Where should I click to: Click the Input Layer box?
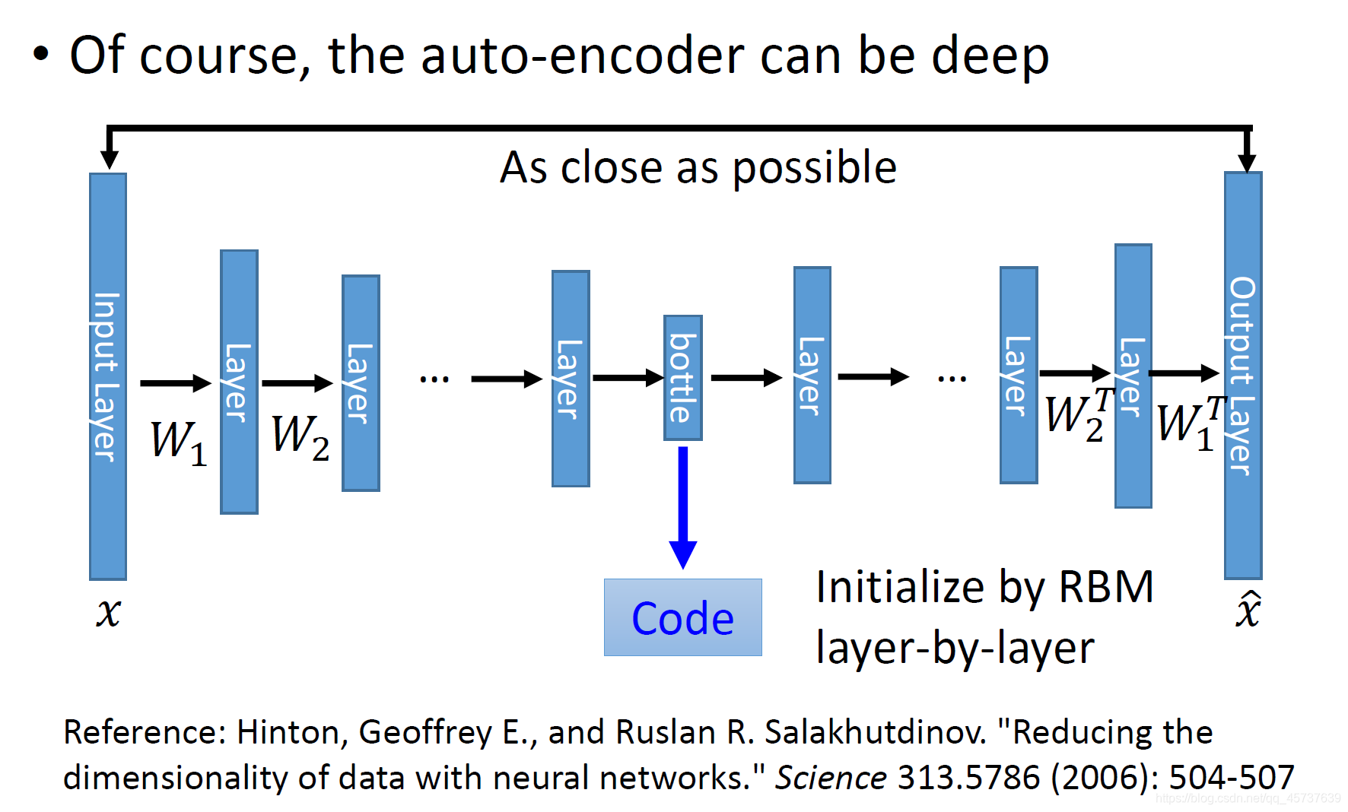108,376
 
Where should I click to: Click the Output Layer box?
1242,376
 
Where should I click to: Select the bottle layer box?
682,378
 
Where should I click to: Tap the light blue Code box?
682,617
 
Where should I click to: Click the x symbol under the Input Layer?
108,612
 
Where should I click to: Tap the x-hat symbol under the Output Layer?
1248,610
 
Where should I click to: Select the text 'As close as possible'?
698,168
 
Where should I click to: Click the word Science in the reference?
830,778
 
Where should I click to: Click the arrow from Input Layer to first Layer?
175,383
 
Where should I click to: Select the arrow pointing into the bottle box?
628,377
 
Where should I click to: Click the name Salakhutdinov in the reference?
875,732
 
